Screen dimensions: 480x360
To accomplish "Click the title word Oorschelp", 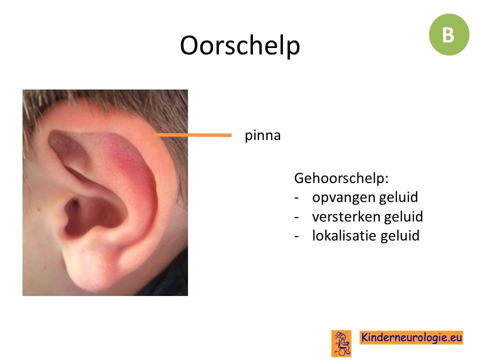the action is click(239, 46).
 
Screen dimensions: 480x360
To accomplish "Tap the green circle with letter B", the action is click(449, 34).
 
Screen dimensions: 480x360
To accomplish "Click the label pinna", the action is click(262, 136).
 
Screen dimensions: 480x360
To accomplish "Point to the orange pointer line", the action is click(192, 134).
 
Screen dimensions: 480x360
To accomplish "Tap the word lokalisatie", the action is click(344, 235).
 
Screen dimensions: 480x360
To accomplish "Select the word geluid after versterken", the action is click(403, 216).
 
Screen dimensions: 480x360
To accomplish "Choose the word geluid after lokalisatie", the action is click(400, 236).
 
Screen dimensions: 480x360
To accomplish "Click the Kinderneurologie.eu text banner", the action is click(411, 337).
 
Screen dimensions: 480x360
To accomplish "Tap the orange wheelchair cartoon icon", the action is click(341, 343).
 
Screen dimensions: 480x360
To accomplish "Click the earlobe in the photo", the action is click(89, 269).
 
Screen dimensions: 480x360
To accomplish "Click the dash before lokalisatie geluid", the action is click(296, 236).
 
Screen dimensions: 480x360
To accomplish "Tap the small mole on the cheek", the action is click(39, 209).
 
